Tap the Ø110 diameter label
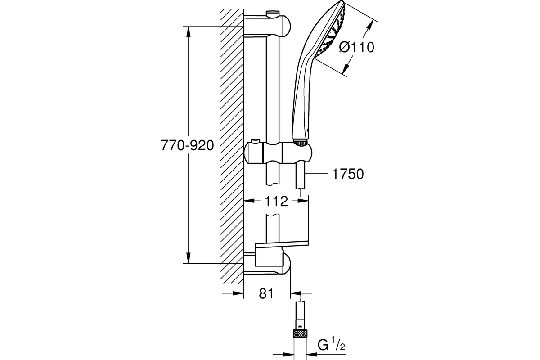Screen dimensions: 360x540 pos(357,47)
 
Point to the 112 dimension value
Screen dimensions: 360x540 pos(275,201)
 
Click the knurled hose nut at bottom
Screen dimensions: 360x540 pos(300,333)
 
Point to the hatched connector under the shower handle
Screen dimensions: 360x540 pos(300,143)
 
